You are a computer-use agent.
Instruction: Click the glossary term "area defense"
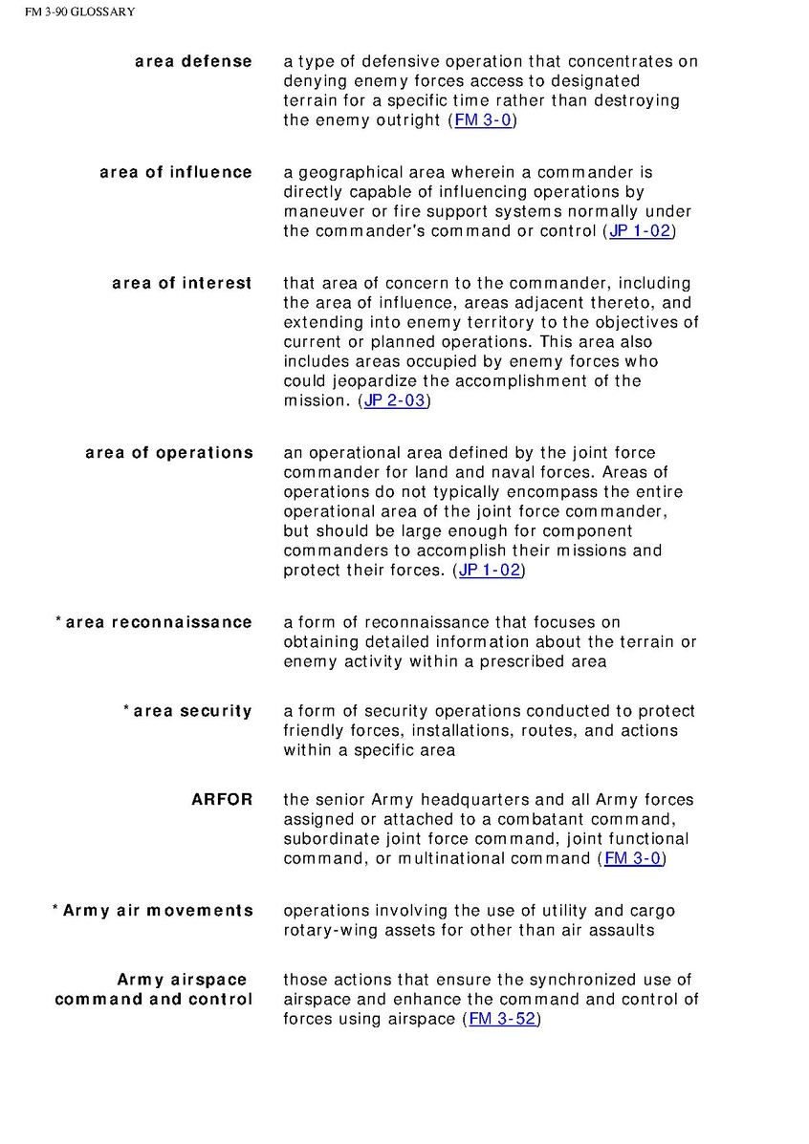193,62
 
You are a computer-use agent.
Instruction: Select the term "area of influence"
176,173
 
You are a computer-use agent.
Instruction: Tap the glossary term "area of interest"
182,284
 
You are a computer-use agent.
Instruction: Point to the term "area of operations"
169,453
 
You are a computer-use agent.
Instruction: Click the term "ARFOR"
222,800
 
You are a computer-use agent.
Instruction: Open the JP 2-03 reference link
395,401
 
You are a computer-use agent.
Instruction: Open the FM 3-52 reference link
501,1020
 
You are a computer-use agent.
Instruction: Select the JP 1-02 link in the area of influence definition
641,232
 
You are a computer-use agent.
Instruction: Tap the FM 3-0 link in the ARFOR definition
631,859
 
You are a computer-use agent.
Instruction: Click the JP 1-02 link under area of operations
490,571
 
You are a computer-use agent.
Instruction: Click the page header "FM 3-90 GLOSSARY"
80,12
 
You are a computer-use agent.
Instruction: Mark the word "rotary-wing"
328,930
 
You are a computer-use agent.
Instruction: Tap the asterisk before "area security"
126,709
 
